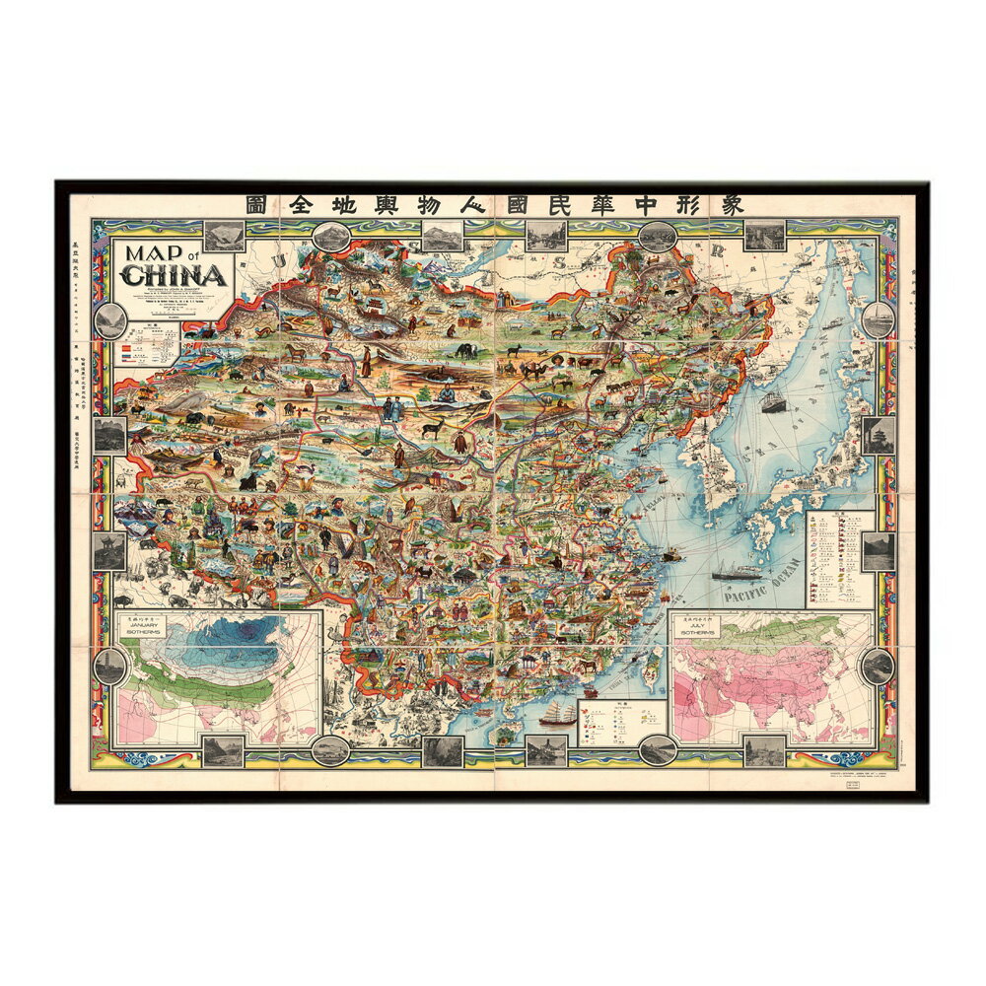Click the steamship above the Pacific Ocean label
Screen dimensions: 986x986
click(738, 570)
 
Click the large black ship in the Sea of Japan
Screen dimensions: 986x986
click(772, 402)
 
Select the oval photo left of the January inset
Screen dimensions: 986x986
click(108, 667)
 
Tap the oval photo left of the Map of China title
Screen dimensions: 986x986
click(109, 319)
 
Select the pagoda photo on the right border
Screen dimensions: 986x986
click(878, 434)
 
